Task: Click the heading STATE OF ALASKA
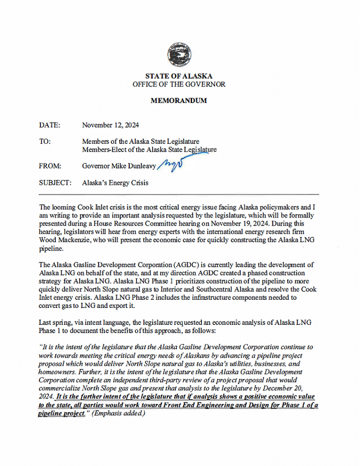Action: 179,76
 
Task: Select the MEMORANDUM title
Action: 179,101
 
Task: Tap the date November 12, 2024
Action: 111,125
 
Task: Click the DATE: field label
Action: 50,125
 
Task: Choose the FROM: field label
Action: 50,165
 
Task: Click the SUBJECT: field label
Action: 55,183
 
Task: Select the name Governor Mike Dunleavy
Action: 119,165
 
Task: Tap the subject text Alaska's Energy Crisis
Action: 115,183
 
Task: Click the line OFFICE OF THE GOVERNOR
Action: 179,84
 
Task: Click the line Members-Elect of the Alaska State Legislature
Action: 149,149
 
